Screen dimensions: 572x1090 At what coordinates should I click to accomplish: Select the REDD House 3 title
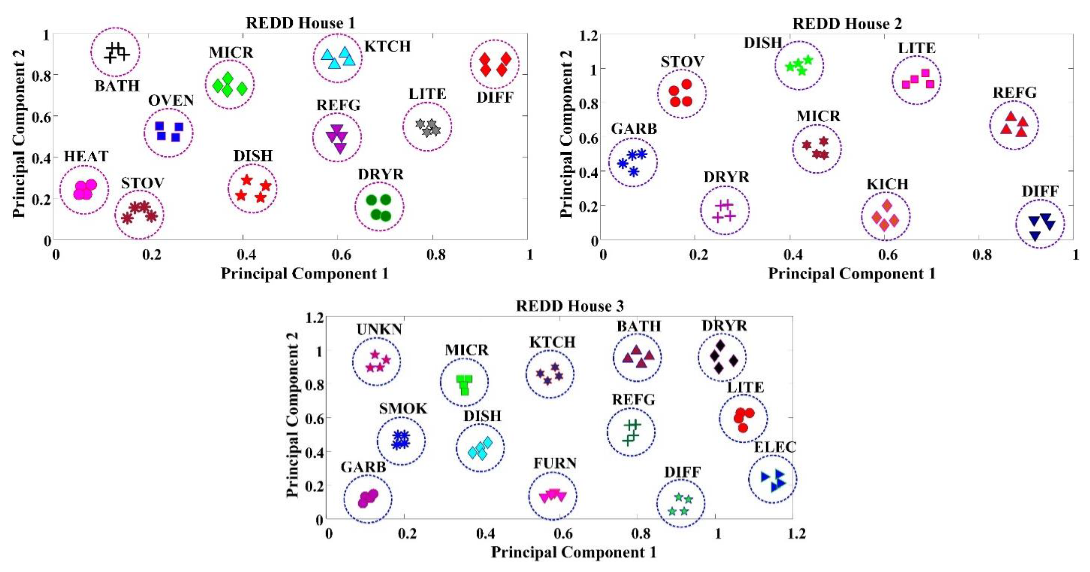pyautogui.click(x=570, y=306)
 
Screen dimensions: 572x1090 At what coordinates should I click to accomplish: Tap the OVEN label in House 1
pyautogui.click(x=171, y=101)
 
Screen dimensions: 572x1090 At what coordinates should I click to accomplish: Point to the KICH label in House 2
pyautogui.click(x=887, y=184)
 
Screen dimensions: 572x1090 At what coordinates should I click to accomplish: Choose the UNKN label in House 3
pyautogui.click(x=379, y=329)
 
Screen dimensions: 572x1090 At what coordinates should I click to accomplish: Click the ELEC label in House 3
pyautogui.click(x=775, y=447)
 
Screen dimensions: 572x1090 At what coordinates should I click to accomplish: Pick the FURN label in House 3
pyautogui.click(x=555, y=463)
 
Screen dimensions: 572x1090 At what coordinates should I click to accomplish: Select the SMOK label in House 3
pyautogui.click(x=403, y=408)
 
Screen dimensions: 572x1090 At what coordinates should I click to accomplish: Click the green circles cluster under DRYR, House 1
pyautogui.click(x=379, y=207)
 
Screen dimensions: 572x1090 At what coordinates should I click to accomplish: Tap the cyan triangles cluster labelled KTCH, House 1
pyautogui.click(x=338, y=58)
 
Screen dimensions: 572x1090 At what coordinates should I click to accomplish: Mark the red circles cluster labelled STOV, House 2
pyautogui.click(x=681, y=93)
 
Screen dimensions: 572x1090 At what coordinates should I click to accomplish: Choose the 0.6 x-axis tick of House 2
pyautogui.click(x=887, y=255)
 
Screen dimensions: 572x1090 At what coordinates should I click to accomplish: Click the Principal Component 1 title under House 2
pyautogui.click(x=851, y=274)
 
